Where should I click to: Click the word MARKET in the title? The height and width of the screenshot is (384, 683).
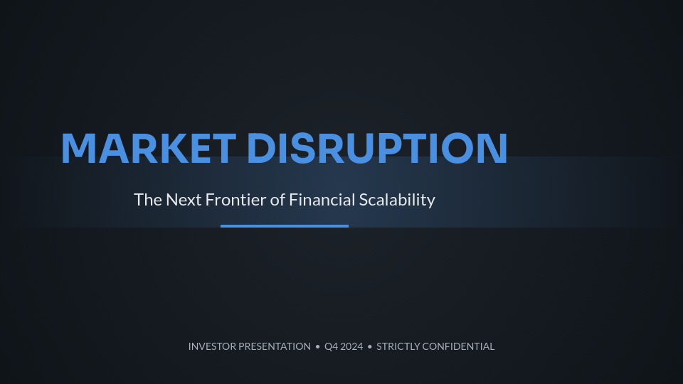pos(148,148)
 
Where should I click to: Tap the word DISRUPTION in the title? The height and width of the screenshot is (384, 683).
pos(377,148)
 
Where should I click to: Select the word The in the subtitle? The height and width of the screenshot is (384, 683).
pos(148,200)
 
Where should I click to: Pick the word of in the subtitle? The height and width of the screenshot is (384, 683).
pos(277,200)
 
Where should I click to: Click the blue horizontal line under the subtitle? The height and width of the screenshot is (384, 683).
pos(285,226)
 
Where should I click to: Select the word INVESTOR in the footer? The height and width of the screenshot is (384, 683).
pos(212,346)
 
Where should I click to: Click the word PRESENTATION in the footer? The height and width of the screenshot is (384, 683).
pos(274,346)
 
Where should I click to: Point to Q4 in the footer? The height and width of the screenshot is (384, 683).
pos(332,346)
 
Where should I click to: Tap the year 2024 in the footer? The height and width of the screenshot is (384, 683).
pos(352,346)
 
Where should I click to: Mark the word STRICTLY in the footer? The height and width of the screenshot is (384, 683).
pos(398,346)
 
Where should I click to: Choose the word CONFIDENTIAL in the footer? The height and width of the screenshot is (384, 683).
pos(458,346)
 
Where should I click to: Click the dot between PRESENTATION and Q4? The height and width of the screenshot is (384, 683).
pos(318,347)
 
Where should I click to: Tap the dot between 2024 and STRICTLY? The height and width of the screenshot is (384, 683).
pos(370,347)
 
